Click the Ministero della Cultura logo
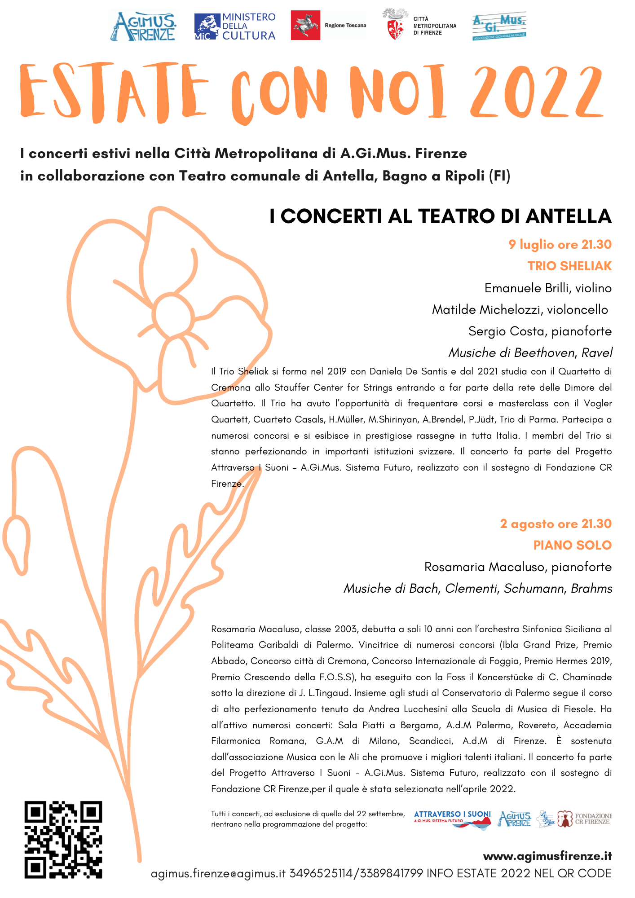pos(235,26)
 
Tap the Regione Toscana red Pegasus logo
pos(305,25)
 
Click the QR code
pos(63,839)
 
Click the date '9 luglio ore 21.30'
pos(560,244)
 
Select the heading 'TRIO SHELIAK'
pos(569,266)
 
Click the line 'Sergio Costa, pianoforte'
pos(540,331)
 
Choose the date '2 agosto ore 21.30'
pos(556,524)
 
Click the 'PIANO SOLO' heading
pos(572,545)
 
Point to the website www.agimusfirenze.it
pos(547,856)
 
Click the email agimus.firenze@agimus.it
pos(218,873)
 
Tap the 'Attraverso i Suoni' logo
pos(452,819)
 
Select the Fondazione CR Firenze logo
pos(585,819)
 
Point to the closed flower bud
pos(16,543)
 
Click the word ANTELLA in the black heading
pos(569,216)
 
